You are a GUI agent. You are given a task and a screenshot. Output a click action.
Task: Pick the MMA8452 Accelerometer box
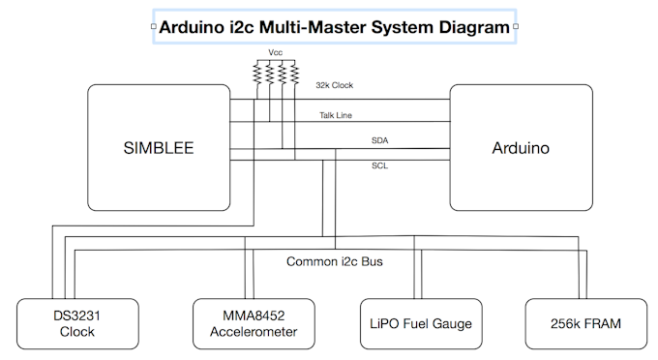pyautogui.click(x=254, y=323)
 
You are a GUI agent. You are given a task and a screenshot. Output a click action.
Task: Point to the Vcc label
pyautogui.click(x=275, y=52)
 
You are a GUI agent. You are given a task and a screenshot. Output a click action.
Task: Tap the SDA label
pyautogui.click(x=380, y=141)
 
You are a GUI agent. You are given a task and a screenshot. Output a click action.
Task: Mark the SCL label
pyautogui.click(x=380, y=165)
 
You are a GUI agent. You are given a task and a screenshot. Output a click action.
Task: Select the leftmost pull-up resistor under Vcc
pyautogui.click(x=256, y=74)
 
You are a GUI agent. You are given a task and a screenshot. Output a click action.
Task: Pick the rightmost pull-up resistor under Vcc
pyautogui.click(x=294, y=74)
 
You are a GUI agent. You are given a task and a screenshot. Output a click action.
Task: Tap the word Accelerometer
pyautogui.click(x=254, y=332)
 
